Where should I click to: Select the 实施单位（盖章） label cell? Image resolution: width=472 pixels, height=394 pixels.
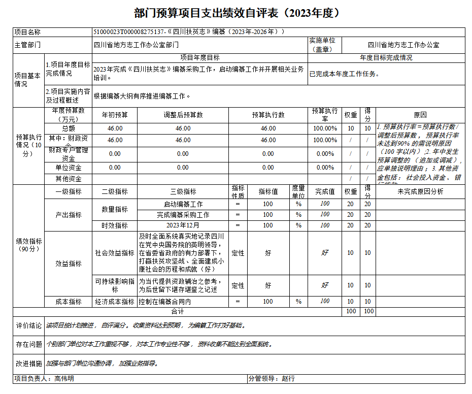tap(325, 45)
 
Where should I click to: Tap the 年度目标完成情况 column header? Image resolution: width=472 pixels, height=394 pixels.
tap(386, 58)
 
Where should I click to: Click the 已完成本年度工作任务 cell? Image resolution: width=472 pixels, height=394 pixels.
tap(345, 74)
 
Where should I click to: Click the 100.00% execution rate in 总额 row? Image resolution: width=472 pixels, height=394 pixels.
tap(325, 128)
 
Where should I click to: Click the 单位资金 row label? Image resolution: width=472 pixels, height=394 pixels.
tap(69, 168)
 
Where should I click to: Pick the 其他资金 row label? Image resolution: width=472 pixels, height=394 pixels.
tap(69, 179)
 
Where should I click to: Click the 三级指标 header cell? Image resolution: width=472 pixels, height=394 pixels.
tap(183, 191)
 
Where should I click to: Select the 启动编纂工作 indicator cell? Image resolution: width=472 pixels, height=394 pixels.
tap(183, 204)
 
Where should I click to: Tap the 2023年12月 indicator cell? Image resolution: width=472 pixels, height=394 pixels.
tap(183, 225)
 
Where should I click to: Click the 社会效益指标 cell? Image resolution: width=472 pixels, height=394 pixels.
tap(115, 253)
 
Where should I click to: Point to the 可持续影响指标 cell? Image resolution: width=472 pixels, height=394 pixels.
tap(115, 285)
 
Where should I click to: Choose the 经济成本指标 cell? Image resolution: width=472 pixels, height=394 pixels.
tap(115, 302)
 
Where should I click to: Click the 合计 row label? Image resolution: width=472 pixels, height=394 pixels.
tap(177, 311)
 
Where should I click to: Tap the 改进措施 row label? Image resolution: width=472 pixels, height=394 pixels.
tap(29, 364)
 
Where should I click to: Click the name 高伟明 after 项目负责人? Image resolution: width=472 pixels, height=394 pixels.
tap(64, 379)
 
